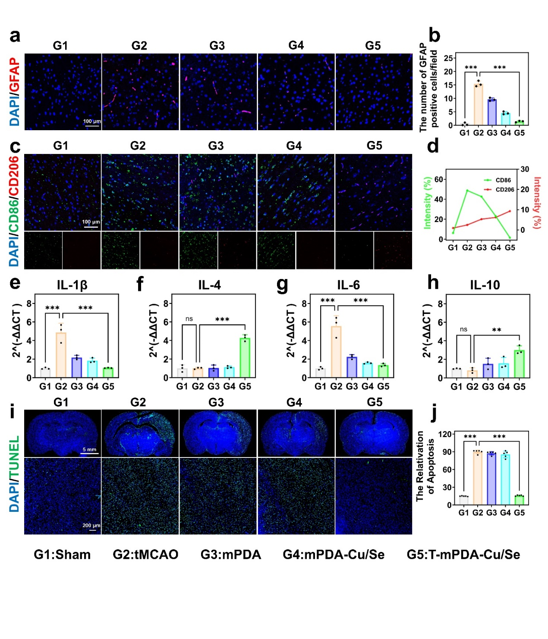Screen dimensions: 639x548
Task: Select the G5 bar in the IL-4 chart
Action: coord(245,358)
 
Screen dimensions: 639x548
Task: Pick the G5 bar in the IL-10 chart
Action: coord(519,364)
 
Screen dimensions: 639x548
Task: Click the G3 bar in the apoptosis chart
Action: coord(491,479)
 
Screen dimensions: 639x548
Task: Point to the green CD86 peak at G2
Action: coord(467,190)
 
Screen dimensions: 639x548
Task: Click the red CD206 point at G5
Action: coord(510,211)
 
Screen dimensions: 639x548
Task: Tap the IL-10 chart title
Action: coord(485,285)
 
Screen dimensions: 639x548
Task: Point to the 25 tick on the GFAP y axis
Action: coord(448,58)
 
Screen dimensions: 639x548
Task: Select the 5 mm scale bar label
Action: coord(89,450)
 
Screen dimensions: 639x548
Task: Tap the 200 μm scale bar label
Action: coord(91,526)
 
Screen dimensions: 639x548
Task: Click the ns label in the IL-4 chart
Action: coord(189,319)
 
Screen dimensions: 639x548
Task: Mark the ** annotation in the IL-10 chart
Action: coord(497,330)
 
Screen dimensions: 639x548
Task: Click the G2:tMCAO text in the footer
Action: coord(145,554)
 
